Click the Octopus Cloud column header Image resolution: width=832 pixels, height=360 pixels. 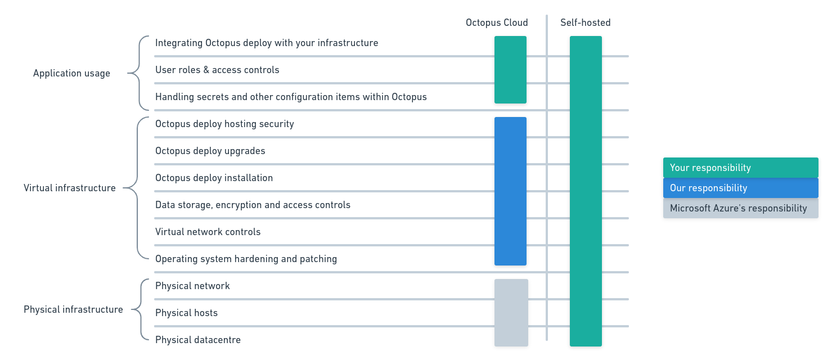497,23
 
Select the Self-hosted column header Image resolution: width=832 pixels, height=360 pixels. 585,23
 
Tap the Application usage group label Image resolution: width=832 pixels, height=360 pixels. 71,74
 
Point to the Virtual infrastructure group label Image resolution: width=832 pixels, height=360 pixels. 69,188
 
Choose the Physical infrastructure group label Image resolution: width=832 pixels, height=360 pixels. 73,310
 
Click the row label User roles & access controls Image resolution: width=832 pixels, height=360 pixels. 217,70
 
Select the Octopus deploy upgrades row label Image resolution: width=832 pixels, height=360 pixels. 210,151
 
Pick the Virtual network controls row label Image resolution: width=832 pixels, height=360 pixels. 208,232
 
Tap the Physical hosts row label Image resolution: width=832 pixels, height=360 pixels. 186,313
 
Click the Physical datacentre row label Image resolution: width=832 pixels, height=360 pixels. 198,340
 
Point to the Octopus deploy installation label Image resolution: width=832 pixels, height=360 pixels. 214,178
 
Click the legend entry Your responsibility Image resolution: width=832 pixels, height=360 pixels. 740,168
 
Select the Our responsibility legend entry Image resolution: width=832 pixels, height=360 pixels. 740,188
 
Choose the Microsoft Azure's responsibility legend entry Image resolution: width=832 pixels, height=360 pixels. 740,208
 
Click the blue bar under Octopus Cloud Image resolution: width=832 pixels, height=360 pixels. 510,191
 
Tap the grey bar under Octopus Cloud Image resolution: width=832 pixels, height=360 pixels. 511,313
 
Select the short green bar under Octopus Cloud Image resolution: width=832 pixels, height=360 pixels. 510,70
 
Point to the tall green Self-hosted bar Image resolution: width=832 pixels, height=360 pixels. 586,191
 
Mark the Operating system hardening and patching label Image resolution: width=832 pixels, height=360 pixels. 246,259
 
